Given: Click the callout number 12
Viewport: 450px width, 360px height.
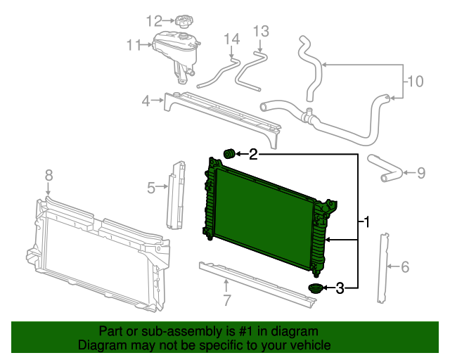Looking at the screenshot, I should (154, 20).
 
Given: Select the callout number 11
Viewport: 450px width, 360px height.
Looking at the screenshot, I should (134, 46).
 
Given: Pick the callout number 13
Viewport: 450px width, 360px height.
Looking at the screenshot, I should (261, 31).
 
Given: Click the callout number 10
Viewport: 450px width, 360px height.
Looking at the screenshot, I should (416, 82).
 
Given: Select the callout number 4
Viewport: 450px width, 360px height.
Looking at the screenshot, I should (146, 101).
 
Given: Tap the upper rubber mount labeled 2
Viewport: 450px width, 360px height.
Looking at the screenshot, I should (228, 153).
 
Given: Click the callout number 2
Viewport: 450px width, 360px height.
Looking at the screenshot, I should (253, 153).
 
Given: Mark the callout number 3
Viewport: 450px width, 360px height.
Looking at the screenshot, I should (340, 287).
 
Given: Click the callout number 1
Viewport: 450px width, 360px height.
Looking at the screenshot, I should (366, 223).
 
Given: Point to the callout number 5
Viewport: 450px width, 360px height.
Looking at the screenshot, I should (151, 187).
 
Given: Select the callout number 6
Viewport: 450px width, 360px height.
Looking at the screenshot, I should (404, 266).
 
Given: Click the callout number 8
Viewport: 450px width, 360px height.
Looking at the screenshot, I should (49, 174).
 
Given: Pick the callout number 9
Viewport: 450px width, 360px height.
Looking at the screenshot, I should (420, 172).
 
